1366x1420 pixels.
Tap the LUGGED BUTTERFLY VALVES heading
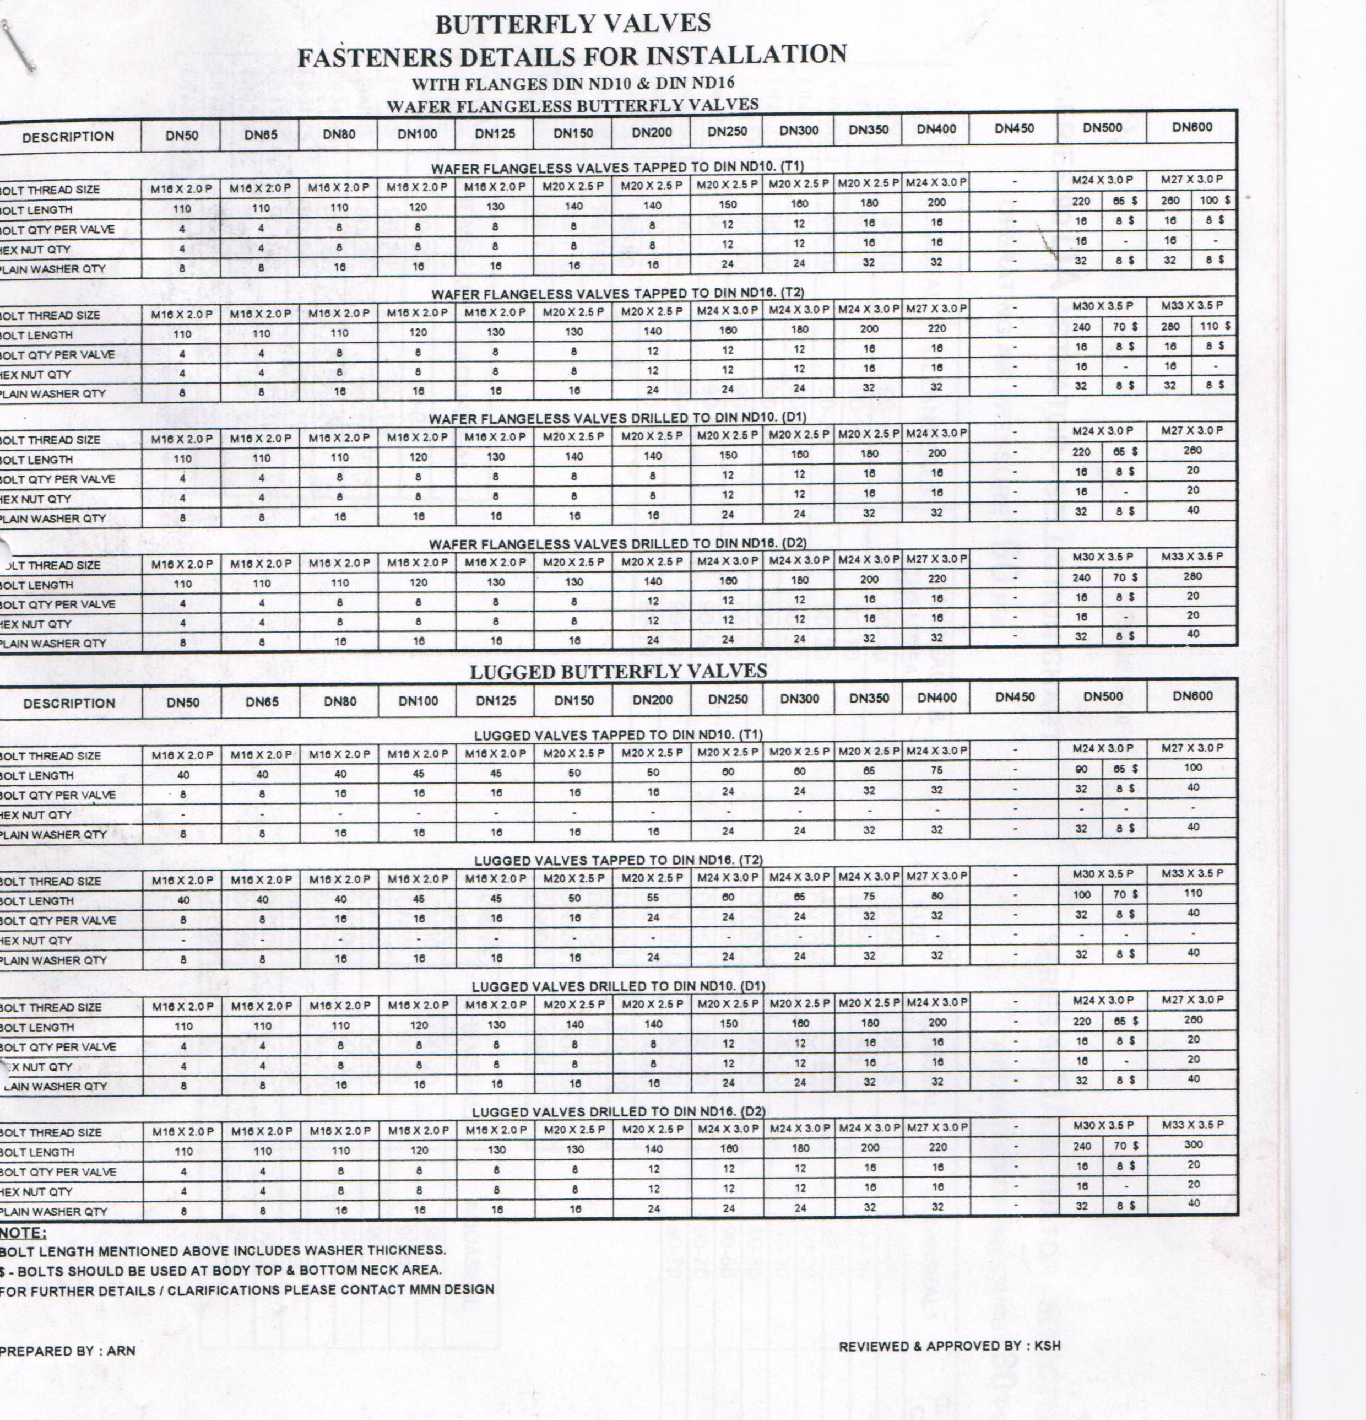point(618,672)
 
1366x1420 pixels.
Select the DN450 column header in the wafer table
point(1014,129)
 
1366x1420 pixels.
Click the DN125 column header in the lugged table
point(495,700)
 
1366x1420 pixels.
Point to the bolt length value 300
point(1193,1144)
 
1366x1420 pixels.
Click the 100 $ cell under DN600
point(1215,200)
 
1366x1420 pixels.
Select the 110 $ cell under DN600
point(1215,326)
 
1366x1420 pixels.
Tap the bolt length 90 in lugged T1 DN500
point(1081,769)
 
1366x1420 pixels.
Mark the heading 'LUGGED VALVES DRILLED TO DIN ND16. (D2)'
point(619,1111)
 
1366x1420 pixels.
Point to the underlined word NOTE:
point(23,1233)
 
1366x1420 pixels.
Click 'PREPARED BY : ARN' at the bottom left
point(67,1351)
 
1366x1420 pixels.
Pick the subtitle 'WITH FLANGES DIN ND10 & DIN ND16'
point(573,83)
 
